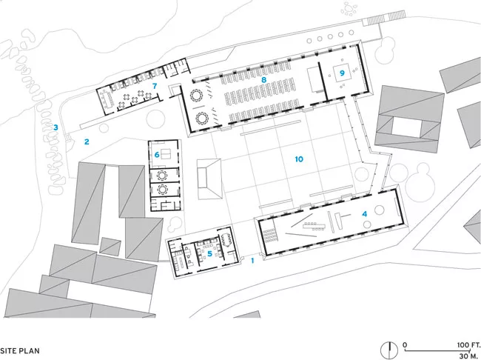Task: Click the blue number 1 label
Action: [x=252, y=261]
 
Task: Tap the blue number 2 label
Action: [x=87, y=141]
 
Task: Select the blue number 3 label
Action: [x=55, y=127]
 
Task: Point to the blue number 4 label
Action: [x=364, y=214]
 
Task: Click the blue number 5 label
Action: [x=210, y=254]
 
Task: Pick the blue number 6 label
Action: [x=157, y=155]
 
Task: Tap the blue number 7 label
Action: [x=155, y=86]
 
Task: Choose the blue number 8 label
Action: [x=264, y=80]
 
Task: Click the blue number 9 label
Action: [x=342, y=73]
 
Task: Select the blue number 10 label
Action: [x=299, y=159]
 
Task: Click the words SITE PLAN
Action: [x=20, y=351]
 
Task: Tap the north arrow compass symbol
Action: [x=389, y=350]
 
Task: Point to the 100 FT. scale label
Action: [x=468, y=345]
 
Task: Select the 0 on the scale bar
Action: [x=405, y=345]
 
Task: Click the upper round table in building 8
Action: [x=196, y=96]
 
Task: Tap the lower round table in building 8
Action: [x=202, y=118]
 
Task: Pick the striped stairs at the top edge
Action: [x=384, y=19]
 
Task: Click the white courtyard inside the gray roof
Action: [x=407, y=128]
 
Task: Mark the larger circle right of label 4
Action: [x=380, y=210]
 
